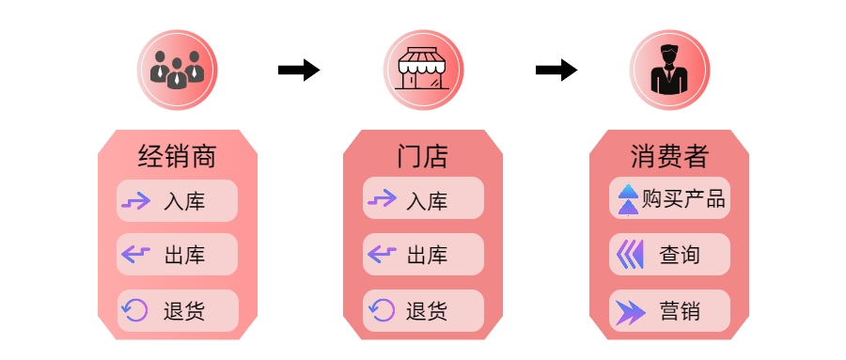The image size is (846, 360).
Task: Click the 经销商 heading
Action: [x=177, y=155]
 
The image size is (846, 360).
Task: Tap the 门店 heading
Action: [x=422, y=155]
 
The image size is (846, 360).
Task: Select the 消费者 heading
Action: [x=668, y=155]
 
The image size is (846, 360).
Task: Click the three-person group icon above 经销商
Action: [x=177, y=70]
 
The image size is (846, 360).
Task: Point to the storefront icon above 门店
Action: [x=422, y=70]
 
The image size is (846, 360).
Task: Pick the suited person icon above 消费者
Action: [x=668, y=70]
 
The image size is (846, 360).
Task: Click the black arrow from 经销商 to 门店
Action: [x=299, y=70]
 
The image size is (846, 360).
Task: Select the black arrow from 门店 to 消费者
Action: [x=556, y=70]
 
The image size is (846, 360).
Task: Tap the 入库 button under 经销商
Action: [x=177, y=200]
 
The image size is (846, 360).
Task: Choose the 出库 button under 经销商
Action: [x=177, y=255]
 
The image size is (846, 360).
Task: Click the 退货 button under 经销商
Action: [x=177, y=310]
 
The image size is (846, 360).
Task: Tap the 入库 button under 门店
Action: [x=423, y=200]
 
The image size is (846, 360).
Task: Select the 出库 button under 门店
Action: [x=423, y=255]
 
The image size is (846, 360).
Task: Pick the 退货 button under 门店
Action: [x=423, y=310]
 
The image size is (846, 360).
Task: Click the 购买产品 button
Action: [x=669, y=199]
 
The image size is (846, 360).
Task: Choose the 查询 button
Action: [x=669, y=254]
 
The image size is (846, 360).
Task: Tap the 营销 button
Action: [x=669, y=310]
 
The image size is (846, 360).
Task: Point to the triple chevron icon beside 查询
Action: [x=629, y=254]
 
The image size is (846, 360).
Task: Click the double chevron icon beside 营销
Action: [x=630, y=311]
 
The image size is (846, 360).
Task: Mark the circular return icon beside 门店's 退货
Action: [x=382, y=310]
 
